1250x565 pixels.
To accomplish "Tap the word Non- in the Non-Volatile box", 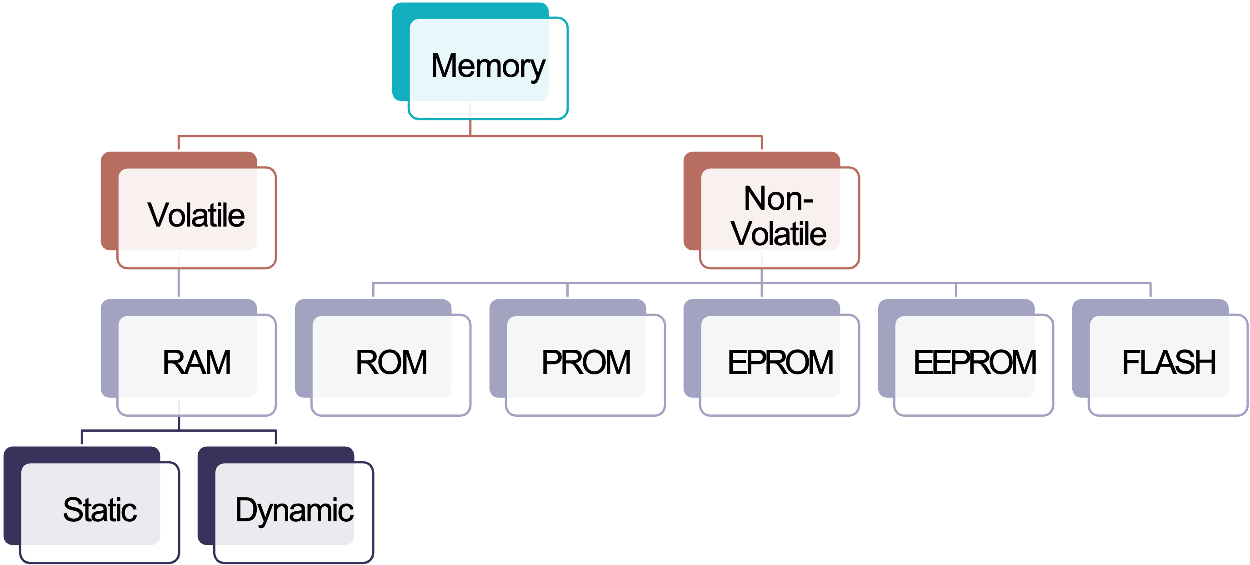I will pyautogui.click(x=778, y=198).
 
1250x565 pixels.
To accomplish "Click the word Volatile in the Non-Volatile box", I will pyautogui.click(x=779, y=234).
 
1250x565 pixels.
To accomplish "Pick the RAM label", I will pyautogui.click(x=196, y=363).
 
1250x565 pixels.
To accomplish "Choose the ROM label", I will pyautogui.click(x=391, y=363).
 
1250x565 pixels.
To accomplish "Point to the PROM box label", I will pyautogui.click(x=586, y=363).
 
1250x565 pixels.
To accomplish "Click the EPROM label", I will pyautogui.click(x=780, y=363).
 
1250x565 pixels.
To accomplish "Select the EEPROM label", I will pyautogui.click(x=975, y=363).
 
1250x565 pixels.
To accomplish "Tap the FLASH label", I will pyautogui.click(x=1169, y=363).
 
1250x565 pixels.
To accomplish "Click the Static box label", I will pyautogui.click(x=100, y=510).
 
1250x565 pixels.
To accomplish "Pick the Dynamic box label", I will pyautogui.click(x=294, y=510).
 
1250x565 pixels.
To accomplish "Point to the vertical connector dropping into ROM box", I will pyautogui.click(x=373, y=290).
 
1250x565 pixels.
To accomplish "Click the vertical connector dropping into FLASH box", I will pyautogui.click(x=1150, y=290).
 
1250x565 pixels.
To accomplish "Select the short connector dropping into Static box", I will pyautogui.click(x=81, y=437).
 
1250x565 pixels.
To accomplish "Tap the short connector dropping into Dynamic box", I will pyautogui.click(x=276, y=437).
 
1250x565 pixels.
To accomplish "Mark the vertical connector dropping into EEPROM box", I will pyautogui.click(x=956, y=290).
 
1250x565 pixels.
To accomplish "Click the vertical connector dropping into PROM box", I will pyautogui.click(x=567, y=290).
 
